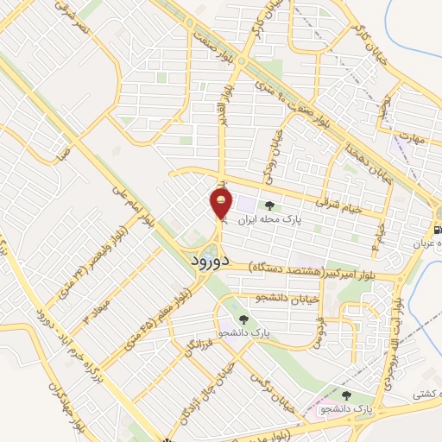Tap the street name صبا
coord(62,155)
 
